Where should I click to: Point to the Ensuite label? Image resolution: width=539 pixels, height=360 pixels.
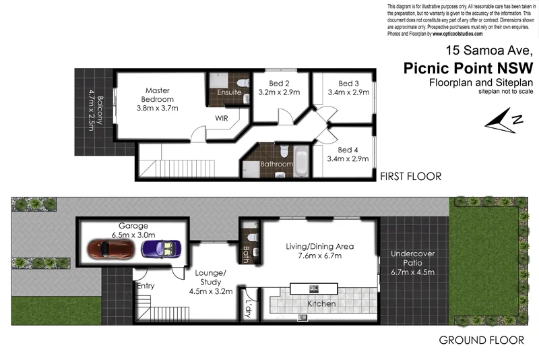click(230, 92)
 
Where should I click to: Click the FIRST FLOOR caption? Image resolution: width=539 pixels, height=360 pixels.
click(410, 177)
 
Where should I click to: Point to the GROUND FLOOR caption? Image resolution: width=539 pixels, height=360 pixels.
click(480, 340)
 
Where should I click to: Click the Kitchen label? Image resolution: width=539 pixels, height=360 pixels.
click(321, 304)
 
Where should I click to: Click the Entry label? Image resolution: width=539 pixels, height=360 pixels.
click(146, 286)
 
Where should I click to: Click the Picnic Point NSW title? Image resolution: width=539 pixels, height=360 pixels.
click(468, 68)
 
